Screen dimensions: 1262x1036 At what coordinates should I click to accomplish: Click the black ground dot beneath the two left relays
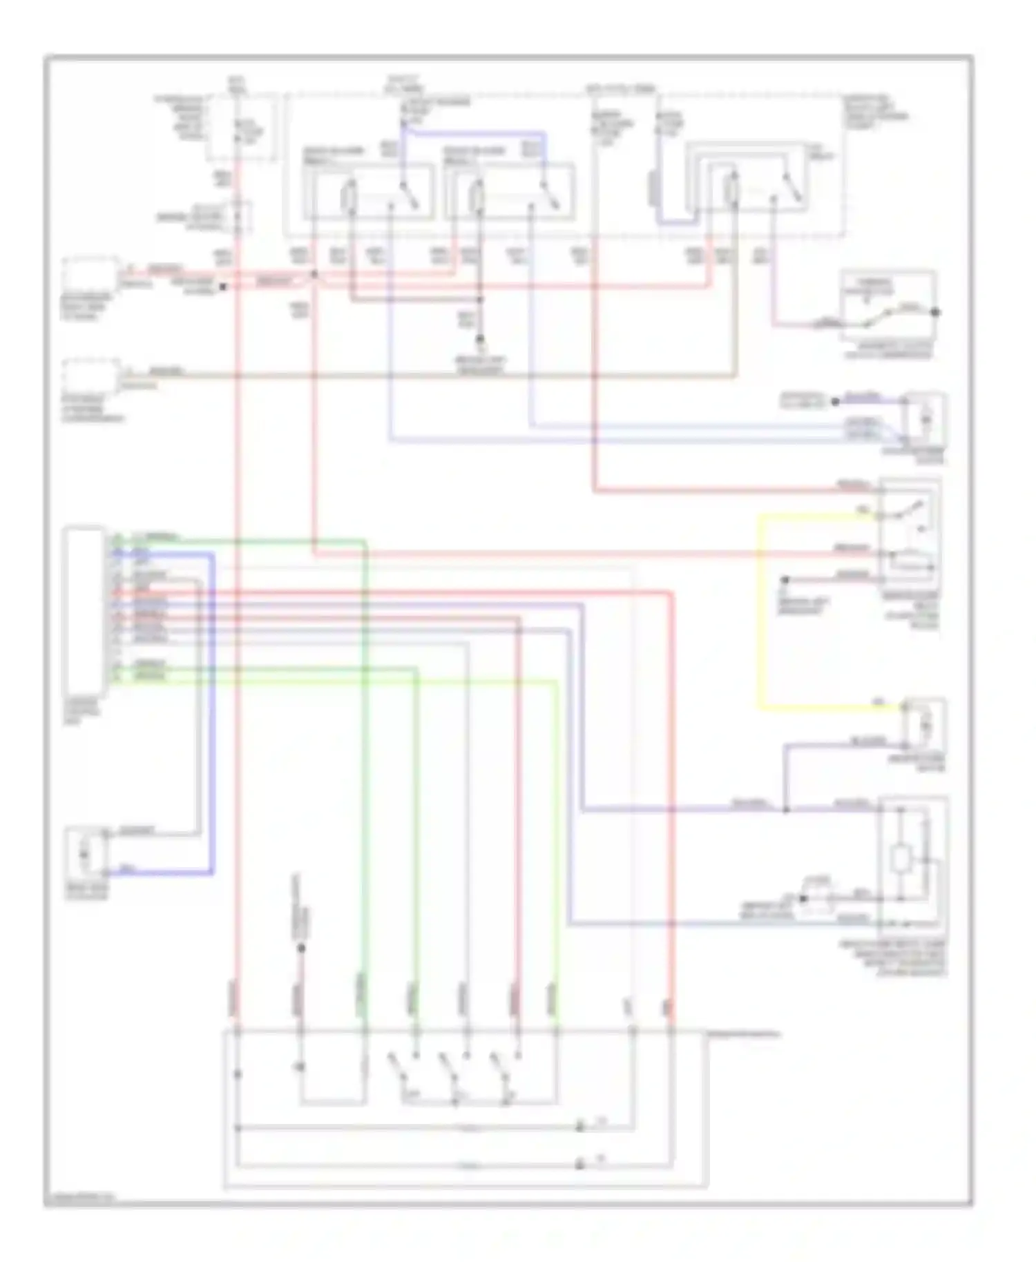coord(481,340)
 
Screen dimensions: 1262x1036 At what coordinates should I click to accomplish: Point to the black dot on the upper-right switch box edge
coord(935,312)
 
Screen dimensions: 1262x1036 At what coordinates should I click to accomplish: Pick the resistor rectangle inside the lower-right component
coord(900,860)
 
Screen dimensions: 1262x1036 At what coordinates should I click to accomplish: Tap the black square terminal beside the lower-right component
coord(803,898)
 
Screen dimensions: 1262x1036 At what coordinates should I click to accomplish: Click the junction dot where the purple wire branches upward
coord(785,809)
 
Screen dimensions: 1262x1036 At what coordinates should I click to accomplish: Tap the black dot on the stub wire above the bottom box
coord(301,948)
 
